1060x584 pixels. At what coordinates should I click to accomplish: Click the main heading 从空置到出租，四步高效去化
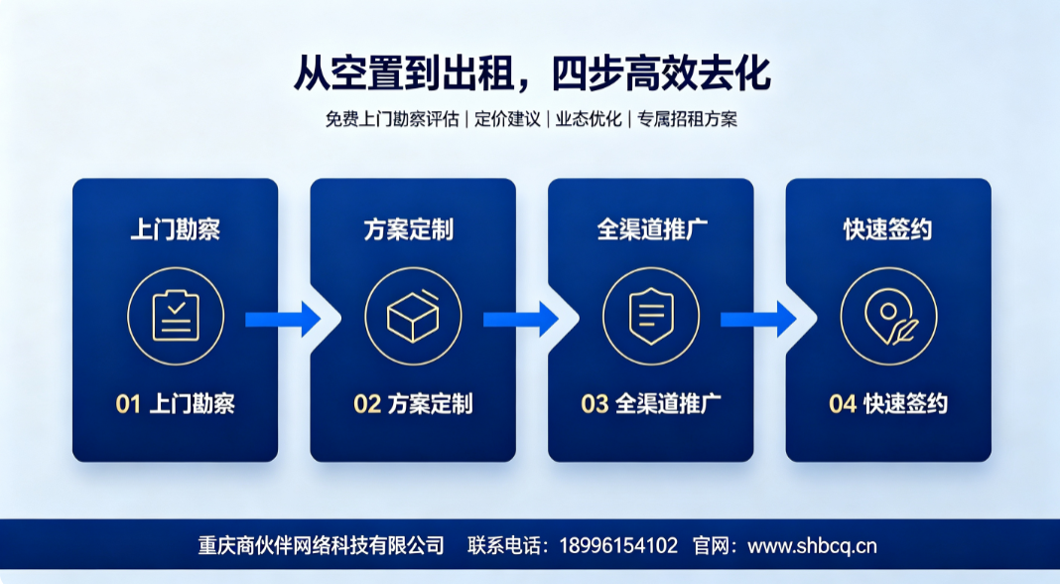pos(532,73)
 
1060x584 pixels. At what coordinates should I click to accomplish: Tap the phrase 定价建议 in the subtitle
pos(507,119)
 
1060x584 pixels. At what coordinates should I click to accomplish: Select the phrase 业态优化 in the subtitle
pos(589,119)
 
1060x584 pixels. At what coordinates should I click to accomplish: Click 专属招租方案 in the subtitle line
pos(687,119)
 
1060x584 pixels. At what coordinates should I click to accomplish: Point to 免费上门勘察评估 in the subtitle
pos(392,119)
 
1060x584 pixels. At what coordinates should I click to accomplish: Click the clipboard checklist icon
pos(176,316)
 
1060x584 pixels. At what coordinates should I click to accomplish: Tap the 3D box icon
pos(413,316)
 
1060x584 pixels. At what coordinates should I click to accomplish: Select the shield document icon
pos(651,316)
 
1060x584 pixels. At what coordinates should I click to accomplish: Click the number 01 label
pos(128,404)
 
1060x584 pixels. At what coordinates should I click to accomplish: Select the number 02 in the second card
pos(367,404)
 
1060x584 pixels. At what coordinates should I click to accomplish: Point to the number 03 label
pos(595,404)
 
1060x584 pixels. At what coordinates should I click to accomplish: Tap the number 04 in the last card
pos(843,404)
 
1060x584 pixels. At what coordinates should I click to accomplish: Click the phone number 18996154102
pos(618,546)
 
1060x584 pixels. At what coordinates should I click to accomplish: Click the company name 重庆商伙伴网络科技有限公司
pos(322,546)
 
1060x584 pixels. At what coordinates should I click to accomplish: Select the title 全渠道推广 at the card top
pos(652,230)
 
